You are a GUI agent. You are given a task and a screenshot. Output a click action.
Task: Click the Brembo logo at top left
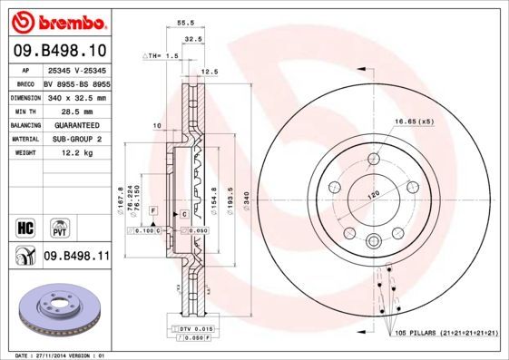[x=56, y=21]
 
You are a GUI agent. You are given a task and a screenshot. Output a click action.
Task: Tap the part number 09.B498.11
[x=76, y=257]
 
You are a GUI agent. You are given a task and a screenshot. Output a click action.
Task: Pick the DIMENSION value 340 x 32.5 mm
[x=76, y=95]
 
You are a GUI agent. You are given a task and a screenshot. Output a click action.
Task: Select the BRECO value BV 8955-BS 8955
[x=76, y=81]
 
